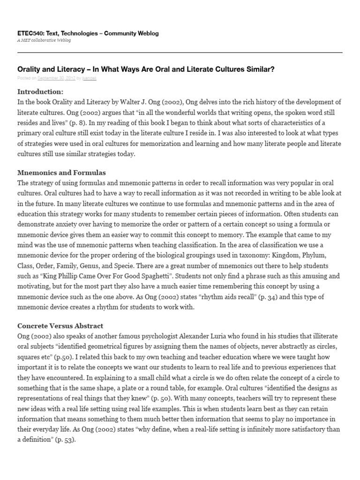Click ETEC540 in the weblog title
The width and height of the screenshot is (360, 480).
(x=30, y=33)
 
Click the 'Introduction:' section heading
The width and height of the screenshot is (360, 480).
(x=40, y=91)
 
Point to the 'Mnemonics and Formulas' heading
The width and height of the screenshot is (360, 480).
(x=61, y=172)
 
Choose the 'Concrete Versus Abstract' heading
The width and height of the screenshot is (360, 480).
(x=60, y=325)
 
